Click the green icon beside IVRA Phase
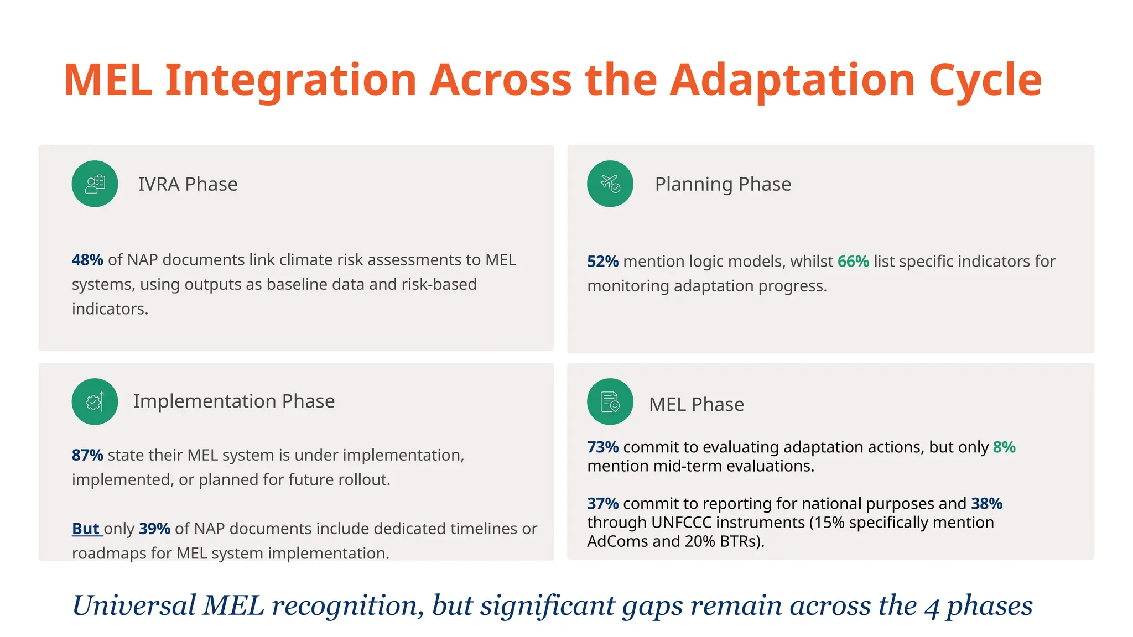pos(95,184)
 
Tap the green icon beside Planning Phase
pos(610,184)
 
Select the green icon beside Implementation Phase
pos(95,401)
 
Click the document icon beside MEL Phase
pos(610,401)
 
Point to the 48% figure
pos(87,260)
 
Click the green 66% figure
pos(853,262)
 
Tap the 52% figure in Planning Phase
pos(602,262)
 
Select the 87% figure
pos(87,455)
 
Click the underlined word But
pos(86,529)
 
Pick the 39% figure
pos(154,529)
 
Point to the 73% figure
pos(602,447)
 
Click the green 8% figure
pos(1004,447)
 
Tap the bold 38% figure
pos(986,504)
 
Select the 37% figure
pos(602,504)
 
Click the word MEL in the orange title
pos(108,81)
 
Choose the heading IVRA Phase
pos(188,184)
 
